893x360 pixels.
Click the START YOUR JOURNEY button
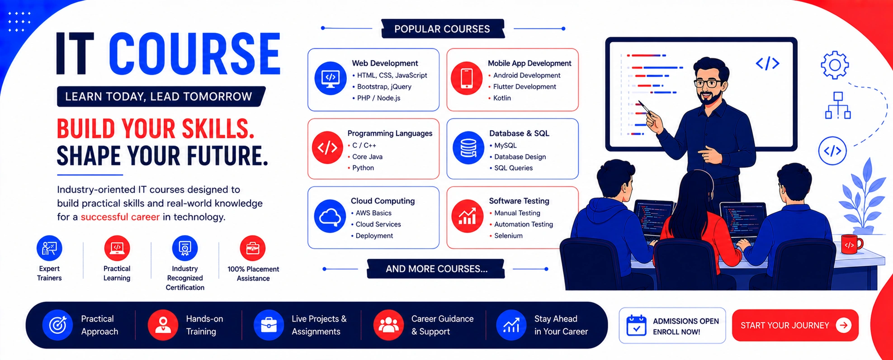[x=795, y=325]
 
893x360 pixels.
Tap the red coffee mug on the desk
[x=851, y=244]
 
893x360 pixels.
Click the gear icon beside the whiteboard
[x=835, y=65]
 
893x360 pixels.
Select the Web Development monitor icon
[x=331, y=78]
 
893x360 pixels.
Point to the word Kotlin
[x=502, y=98]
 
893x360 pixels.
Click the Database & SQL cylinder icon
[x=468, y=148]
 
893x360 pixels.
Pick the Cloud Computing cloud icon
[x=330, y=216]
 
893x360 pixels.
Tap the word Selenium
[x=508, y=236]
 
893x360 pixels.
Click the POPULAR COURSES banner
[x=442, y=29]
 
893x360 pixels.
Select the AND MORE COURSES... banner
[x=436, y=269]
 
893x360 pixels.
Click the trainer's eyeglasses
[x=708, y=83]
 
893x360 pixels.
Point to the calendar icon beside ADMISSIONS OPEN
[x=636, y=325]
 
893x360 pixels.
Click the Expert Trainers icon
[x=49, y=248]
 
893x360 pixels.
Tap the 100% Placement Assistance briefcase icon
[x=253, y=248]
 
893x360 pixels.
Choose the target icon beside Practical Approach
[x=57, y=325]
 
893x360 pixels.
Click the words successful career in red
[x=120, y=217]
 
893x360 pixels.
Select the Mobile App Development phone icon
[x=467, y=78]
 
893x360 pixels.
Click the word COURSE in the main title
[x=194, y=53]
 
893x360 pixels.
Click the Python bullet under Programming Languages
[x=361, y=168]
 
